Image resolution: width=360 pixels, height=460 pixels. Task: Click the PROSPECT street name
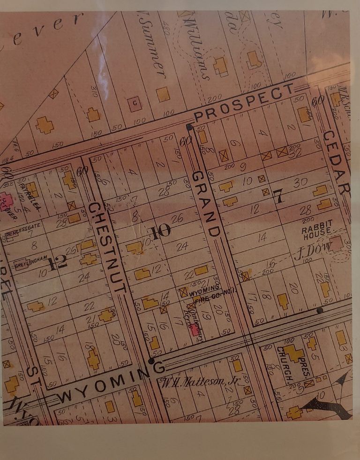pyautogui.click(x=244, y=102)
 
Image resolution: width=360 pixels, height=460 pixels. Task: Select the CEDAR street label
pyautogui.click(x=337, y=162)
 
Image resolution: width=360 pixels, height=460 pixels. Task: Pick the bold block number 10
pyautogui.click(x=160, y=231)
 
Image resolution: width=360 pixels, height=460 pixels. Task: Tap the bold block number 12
pyautogui.click(x=58, y=264)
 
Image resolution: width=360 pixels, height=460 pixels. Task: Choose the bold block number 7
pyautogui.click(x=279, y=197)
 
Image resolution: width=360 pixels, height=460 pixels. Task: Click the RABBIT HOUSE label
pyautogui.click(x=317, y=227)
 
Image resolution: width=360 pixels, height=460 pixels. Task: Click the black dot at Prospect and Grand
pyautogui.click(x=189, y=127)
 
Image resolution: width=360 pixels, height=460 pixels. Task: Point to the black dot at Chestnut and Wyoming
pyautogui.click(x=151, y=361)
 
